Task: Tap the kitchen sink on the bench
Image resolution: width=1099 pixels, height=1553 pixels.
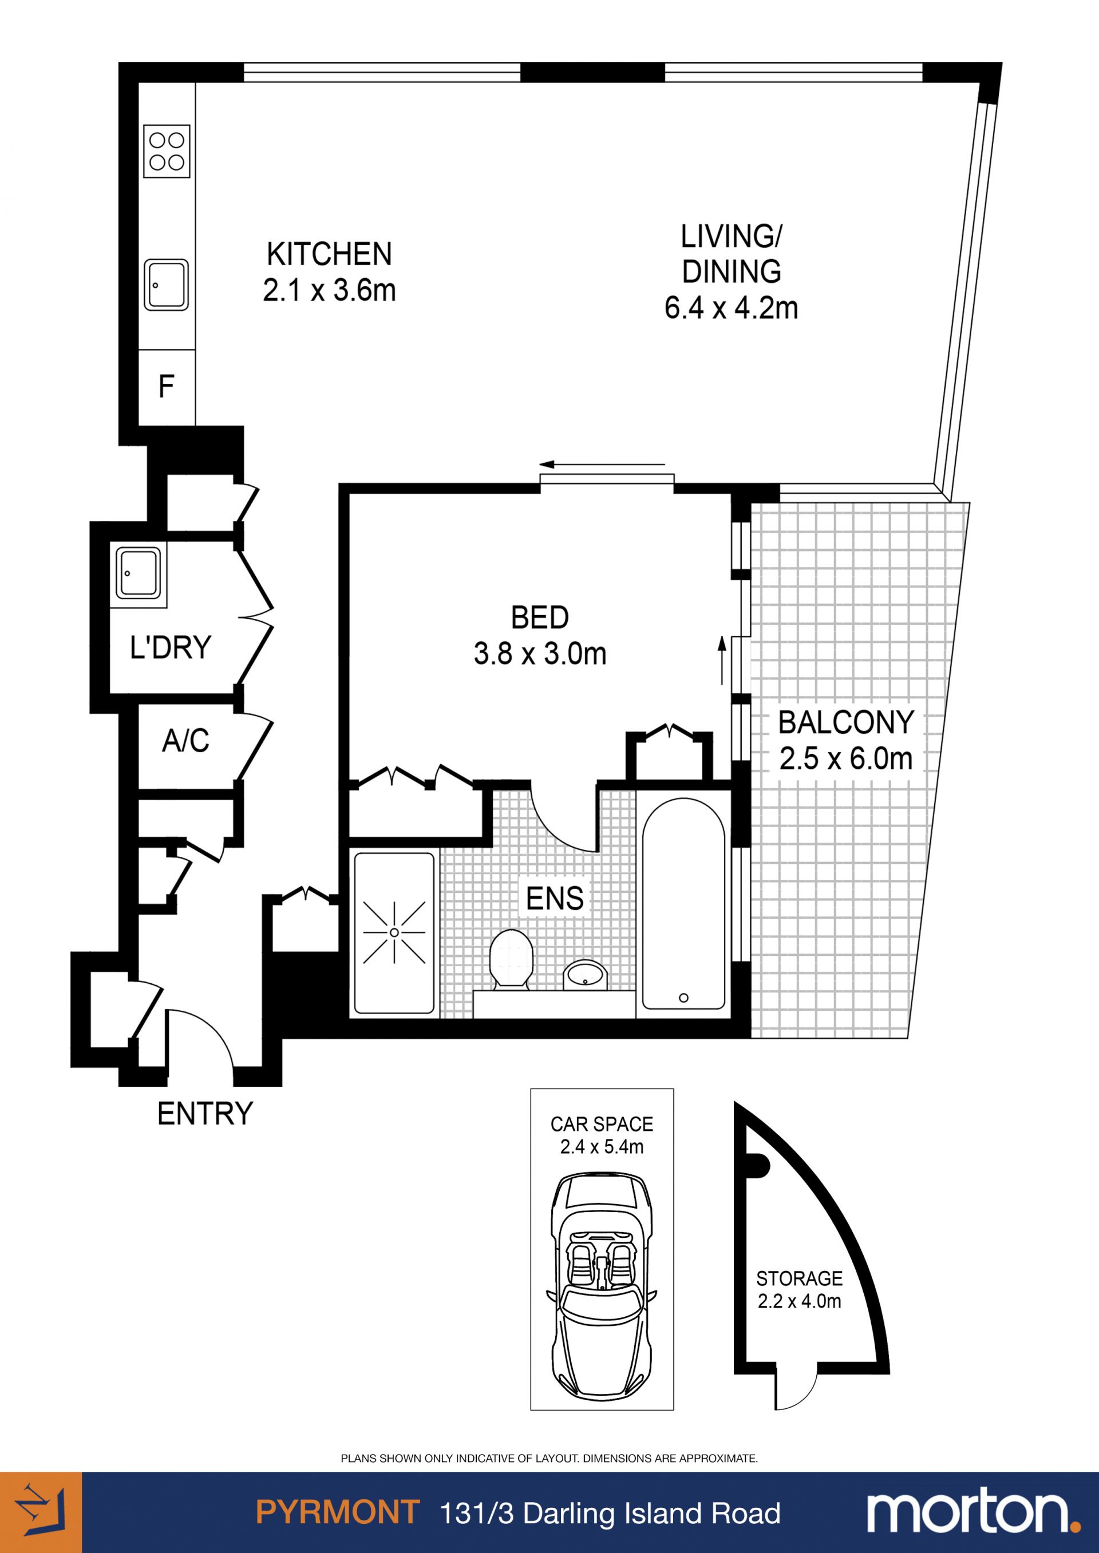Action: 167,285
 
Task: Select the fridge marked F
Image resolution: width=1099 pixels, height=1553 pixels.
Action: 167,388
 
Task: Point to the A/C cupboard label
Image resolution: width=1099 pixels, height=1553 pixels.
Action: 185,741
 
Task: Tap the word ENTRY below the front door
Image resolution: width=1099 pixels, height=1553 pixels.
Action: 205,1113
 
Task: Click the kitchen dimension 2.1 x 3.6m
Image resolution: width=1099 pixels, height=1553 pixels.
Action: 330,291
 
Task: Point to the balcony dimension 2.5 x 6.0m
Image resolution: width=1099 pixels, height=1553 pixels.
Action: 846,759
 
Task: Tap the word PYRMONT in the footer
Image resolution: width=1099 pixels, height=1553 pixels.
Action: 338,1512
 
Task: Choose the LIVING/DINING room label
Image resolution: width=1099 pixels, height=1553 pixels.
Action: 732,255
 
